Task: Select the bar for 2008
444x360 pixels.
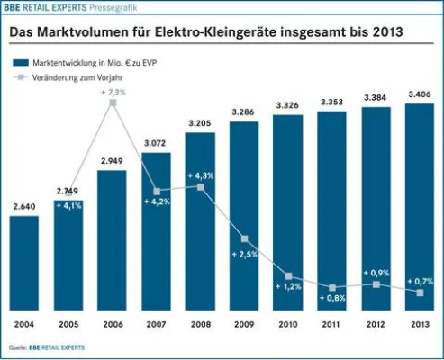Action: click(x=201, y=234)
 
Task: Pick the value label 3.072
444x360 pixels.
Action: click(x=157, y=144)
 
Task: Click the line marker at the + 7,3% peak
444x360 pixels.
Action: click(x=113, y=103)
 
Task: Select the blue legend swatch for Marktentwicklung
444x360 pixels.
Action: click(x=18, y=64)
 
